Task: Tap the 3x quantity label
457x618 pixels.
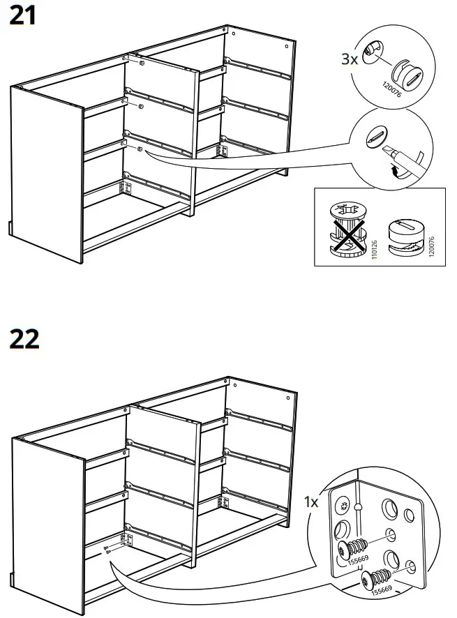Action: click(350, 59)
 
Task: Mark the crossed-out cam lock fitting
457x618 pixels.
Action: click(346, 229)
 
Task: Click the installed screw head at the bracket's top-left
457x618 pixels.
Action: click(343, 506)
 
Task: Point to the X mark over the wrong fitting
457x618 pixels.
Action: click(346, 229)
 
